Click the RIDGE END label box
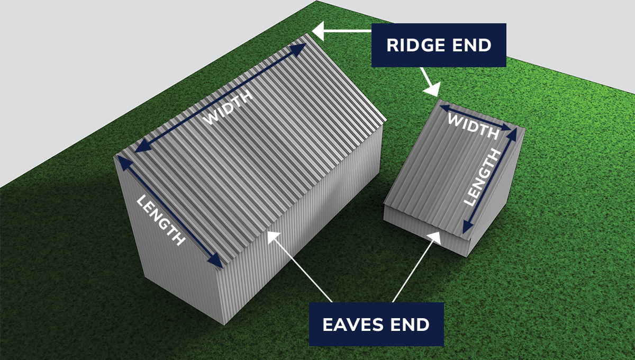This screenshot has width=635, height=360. pyautogui.click(x=439, y=45)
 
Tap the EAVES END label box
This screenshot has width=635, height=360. pyautogui.click(x=376, y=324)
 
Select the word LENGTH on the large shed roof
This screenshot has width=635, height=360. pyautogui.click(x=161, y=220)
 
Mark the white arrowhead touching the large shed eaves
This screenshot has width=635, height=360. pyautogui.click(x=273, y=236)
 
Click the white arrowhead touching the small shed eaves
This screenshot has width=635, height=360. pyautogui.click(x=437, y=236)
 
